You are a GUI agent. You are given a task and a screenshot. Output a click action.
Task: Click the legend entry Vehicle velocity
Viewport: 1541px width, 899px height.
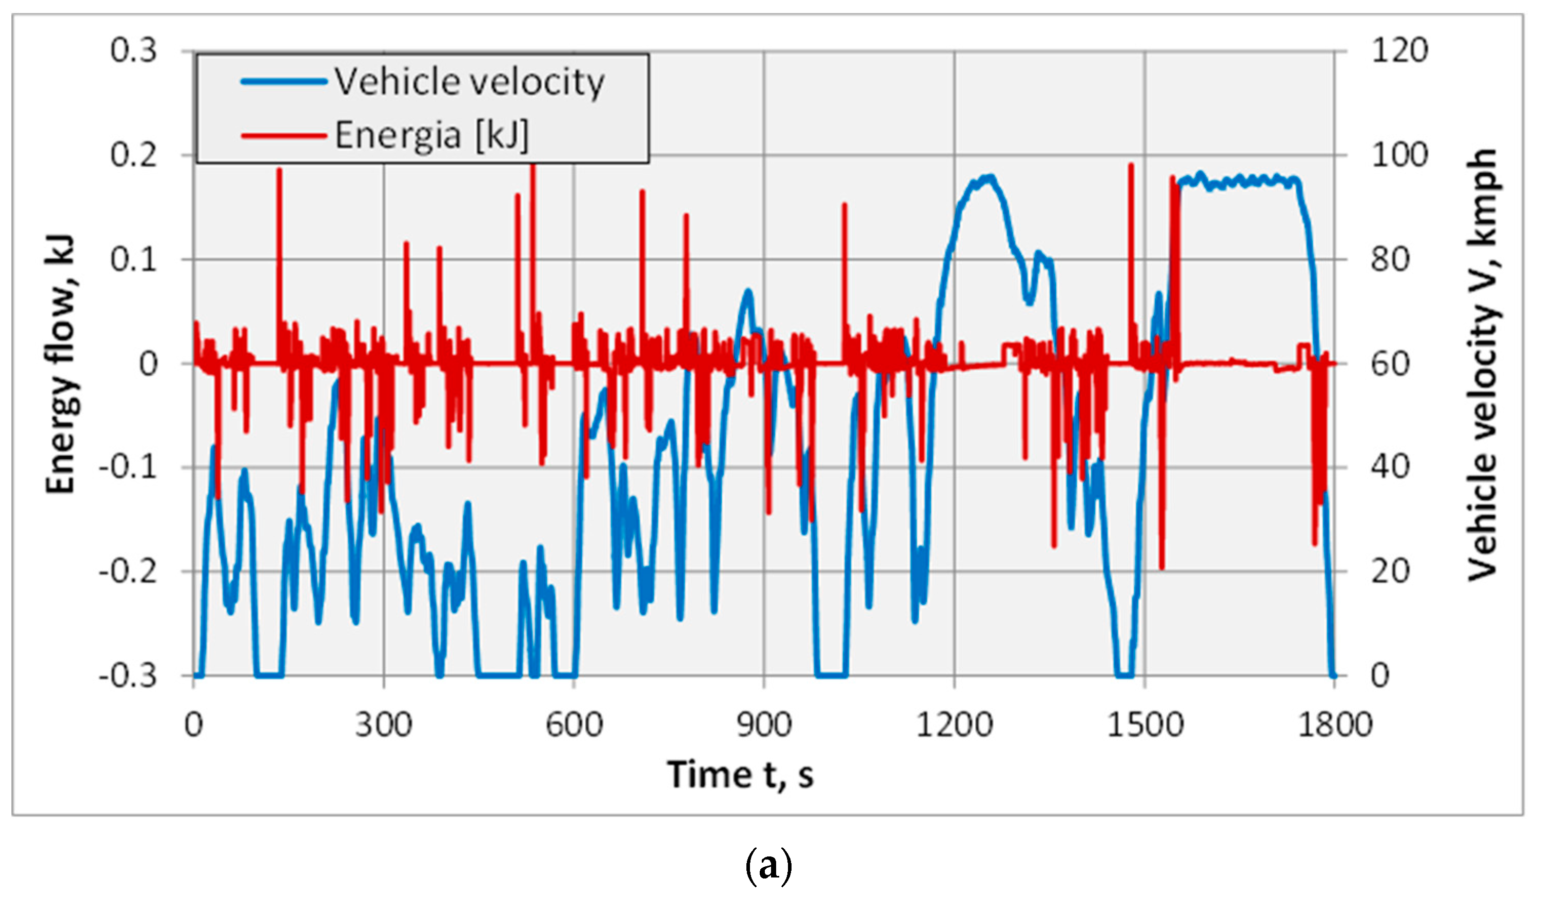click(469, 81)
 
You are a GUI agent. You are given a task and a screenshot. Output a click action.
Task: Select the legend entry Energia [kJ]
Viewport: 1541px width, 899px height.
click(431, 135)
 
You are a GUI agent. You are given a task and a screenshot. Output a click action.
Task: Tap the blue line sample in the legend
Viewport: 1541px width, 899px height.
click(284, 81)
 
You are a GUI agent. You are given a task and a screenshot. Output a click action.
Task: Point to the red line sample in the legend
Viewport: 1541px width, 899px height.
click(284, 135)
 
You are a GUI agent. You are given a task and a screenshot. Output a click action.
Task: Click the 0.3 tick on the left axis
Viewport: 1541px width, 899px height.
click(133, 50)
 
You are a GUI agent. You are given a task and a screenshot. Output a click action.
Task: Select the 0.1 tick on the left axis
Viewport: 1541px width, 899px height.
click(133, 259)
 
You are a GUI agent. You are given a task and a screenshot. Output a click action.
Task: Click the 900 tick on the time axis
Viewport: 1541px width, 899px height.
click(764, 725)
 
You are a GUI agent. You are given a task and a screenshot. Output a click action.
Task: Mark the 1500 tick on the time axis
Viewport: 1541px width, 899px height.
click(1145, 725)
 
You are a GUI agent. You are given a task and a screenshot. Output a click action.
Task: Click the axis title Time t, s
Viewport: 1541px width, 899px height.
click(740, 775)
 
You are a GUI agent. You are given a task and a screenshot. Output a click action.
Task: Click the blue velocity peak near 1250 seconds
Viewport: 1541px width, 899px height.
click(987, 177)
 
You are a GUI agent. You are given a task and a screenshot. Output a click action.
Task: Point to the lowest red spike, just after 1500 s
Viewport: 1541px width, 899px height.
click(1161, 567)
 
